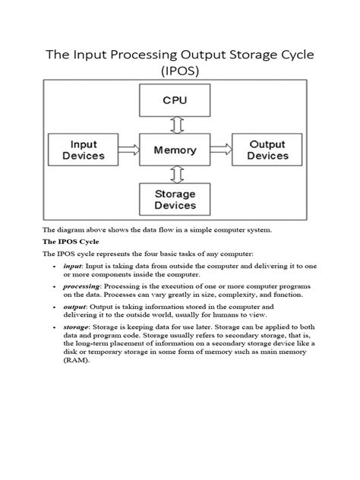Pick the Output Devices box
coord(267,150)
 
